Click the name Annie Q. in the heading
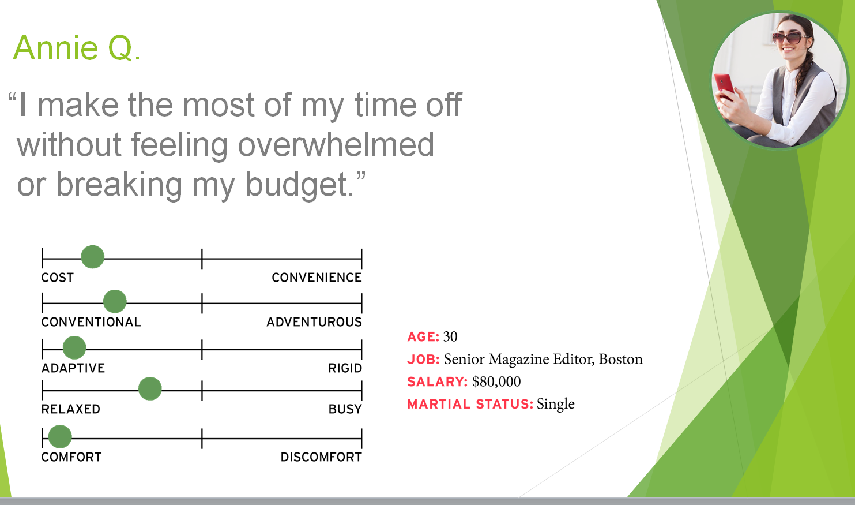(77, 48)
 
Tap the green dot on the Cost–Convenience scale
(92, 257)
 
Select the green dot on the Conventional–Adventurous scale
(115, 301)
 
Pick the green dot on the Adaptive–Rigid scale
(74, 347)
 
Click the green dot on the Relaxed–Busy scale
(150, 388)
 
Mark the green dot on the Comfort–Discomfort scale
(60, 436)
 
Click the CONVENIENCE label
(317, 278)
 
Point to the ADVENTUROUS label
(314, 322)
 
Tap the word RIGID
(345, 368)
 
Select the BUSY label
(345, 409)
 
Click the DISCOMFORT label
(321, 457)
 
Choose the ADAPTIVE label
(73, 368)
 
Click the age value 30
(450, 336)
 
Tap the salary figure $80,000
(496, 381)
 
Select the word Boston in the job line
(620, 359)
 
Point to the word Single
(555, 404)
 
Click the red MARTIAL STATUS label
(470, 404)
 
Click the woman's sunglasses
(787, 38)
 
